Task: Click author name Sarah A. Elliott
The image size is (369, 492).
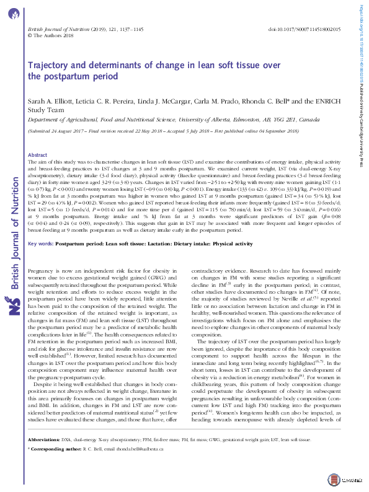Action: (x=55, y=101)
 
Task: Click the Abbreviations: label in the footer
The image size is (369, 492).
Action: (x=46, y=457)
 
